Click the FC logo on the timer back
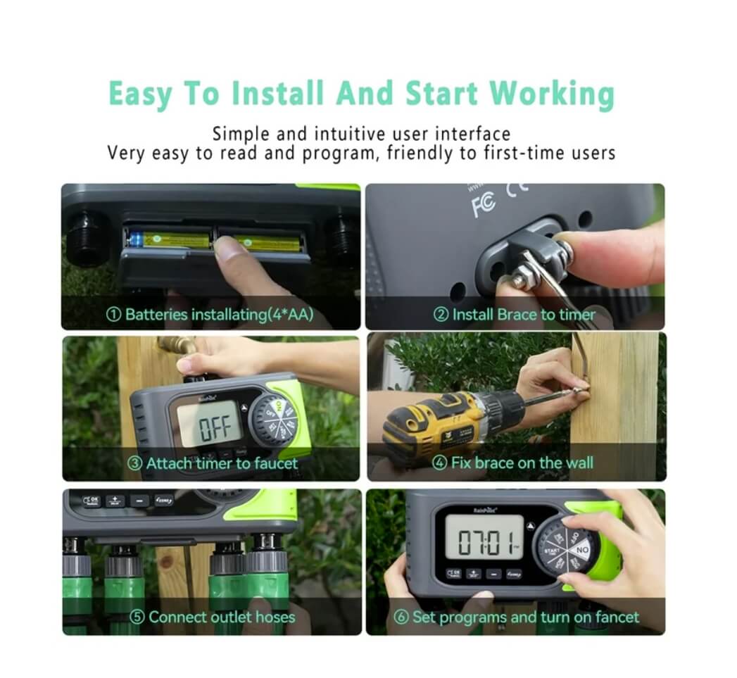(484, 204)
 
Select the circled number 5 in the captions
(138, 617)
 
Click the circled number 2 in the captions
(441, 315)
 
